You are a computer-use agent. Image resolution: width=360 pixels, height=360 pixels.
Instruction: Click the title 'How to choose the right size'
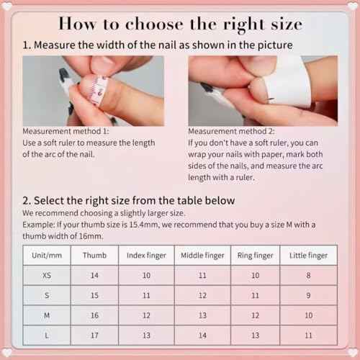180,23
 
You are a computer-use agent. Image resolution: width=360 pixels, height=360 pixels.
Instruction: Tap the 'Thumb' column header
94,256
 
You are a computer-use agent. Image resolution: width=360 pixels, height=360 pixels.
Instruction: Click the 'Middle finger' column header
202,256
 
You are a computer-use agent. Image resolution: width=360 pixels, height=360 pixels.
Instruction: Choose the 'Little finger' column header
308,256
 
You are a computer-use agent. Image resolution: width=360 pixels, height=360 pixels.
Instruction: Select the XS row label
46,275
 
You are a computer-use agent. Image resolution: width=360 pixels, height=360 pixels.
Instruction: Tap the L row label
46,335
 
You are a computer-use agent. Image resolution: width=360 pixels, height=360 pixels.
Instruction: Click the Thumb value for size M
94,315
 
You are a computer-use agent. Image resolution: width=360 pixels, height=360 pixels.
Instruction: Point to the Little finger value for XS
308,275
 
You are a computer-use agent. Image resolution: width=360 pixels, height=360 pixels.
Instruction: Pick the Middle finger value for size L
202,335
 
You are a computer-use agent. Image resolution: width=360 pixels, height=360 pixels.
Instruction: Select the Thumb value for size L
94,335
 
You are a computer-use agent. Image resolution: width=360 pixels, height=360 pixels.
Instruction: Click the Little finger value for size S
308,295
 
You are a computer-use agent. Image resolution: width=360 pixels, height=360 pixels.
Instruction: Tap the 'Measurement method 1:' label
66,132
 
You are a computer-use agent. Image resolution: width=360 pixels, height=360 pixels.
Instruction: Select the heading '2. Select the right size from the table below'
128,200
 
